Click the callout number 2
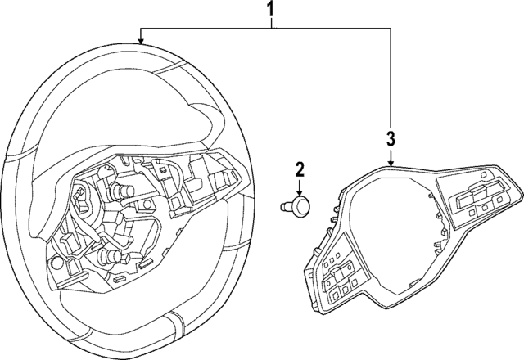[300, 170]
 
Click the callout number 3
[391, 137]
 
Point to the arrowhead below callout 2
[300, 189]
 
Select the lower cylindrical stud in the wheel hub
[111, 257]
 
